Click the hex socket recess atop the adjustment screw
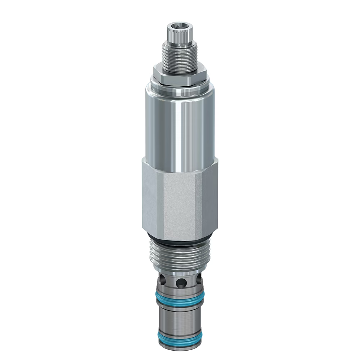(x=179, y=26)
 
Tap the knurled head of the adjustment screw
(x=179, y=36)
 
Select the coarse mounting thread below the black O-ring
(x=179, y=254)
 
